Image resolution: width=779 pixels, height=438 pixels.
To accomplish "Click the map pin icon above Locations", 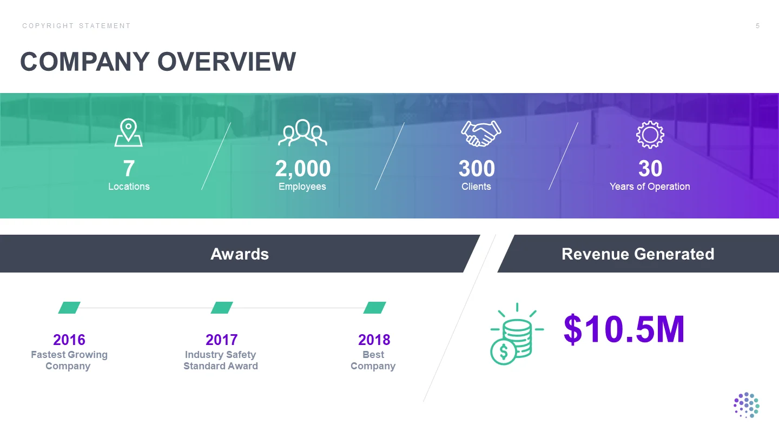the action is tap(128, 132).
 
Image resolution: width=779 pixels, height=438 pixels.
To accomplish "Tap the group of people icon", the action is tap(302, 132).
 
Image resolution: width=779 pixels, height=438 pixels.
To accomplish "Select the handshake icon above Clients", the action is tap(481, 133).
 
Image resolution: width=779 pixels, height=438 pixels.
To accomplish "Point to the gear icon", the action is tap(650, 135).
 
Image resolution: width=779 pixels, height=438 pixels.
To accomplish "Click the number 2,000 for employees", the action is tap(302, 169).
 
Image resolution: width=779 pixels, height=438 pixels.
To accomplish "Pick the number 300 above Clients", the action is tap(477, 169).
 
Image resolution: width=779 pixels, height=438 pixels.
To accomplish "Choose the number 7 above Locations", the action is tap(129, 169).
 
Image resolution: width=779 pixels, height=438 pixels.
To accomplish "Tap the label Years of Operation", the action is tap(650, 187).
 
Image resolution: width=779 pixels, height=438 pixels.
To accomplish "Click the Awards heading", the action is tap(240, 254).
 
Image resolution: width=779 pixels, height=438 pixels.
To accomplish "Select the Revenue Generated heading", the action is tap(638, 254).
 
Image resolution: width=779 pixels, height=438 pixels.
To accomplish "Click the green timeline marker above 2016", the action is tap(69, 308).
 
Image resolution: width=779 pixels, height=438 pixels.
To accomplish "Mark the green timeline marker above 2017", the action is tap(222, 308).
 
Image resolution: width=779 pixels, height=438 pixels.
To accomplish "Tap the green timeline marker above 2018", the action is tap(374, 308).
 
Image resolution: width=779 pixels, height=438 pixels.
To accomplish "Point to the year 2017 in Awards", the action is tap(222, 340).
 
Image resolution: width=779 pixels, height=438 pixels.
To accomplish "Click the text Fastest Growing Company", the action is tap(69, 360).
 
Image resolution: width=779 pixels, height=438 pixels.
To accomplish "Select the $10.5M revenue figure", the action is tap(624, 329).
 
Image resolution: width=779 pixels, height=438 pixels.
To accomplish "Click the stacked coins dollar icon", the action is tap(517, 334).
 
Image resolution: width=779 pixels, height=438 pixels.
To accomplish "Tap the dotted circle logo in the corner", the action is tap(747, 405).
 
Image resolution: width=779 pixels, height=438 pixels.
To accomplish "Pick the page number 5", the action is tap(757, 26).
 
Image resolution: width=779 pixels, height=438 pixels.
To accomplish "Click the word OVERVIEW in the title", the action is tap(226, 62).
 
